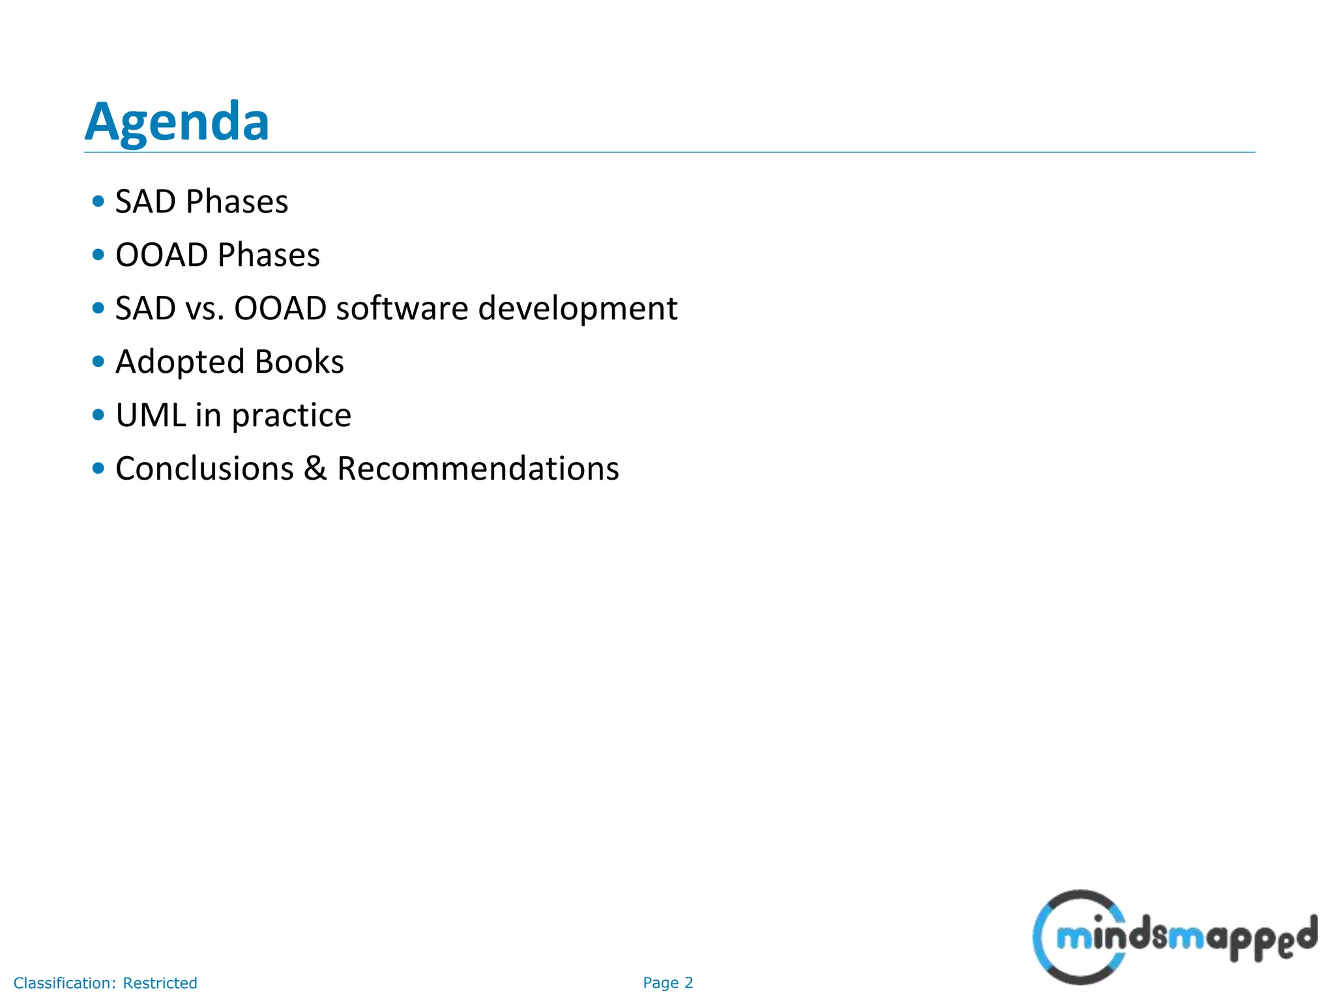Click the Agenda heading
[x=177, y=122]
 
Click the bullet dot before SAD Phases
[x=98, y=201]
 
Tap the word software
[x=402, y=308]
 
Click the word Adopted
[x=180, y=362]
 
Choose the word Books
[x=299, y=362]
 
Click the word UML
[x=150, y=415]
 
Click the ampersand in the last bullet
[x=315, y=469]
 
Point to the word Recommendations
[x=478, y=469]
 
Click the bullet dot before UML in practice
[x=98, y=415]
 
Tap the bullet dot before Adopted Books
[x=98, y=362]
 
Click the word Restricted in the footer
[x=160, y=983]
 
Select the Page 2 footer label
[x=667, y=983]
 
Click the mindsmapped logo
[x=1173, y=937]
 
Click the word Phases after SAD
[x=237, y=201]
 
